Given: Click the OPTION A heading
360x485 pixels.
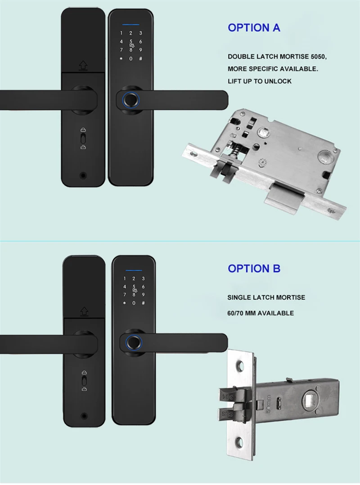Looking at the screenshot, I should click(x=254, y=27).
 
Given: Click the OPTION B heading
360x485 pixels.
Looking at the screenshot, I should click(x=254, y=269).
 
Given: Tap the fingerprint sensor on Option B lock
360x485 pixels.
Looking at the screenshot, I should click(x=134, y=342).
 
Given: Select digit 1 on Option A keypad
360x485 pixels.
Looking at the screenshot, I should click(x=121, y=33).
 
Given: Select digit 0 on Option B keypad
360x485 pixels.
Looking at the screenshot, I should click(x=134, y=302).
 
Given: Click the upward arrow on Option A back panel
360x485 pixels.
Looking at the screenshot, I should click(x=83, y=66).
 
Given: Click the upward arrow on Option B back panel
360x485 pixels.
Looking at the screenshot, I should click(x=84, y=311).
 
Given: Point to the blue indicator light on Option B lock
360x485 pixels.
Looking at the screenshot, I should click(x=134, y=270).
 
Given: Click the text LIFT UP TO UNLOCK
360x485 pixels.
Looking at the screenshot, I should click(x=259, y=81).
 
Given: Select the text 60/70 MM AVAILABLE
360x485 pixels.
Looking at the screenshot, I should click(x=260, y=313).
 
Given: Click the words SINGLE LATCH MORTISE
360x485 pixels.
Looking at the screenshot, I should click(x=266, y=297).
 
